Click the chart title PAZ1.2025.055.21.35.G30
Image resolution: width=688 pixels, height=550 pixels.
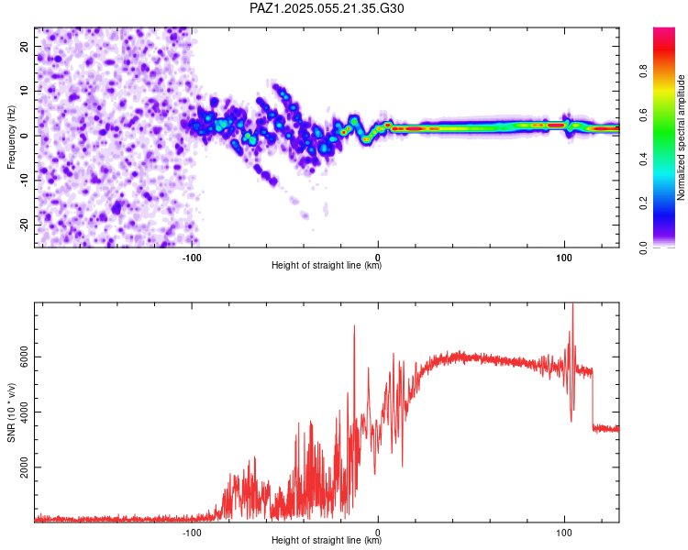327,8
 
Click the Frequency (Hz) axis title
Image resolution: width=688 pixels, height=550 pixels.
11,137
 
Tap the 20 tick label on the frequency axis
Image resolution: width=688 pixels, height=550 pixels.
25,46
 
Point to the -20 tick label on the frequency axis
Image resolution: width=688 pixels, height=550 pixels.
25,225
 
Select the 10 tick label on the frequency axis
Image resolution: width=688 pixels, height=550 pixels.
25,91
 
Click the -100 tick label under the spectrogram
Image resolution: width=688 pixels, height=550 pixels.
192,258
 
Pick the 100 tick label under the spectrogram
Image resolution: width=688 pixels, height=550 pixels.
564,258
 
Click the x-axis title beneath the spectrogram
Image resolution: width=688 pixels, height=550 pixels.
327,265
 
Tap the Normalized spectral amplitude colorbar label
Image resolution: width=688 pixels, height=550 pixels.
681,137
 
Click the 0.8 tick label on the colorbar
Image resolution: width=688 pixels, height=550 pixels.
644,71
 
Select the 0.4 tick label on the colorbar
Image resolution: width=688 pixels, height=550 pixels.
644,159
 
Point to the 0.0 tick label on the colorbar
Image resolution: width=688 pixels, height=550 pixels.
644,247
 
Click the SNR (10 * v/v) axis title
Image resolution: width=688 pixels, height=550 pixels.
11,412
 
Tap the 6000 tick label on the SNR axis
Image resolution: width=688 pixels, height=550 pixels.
25,357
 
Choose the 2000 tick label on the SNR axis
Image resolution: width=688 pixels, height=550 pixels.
25,467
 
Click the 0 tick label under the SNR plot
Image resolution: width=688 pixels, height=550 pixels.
378,533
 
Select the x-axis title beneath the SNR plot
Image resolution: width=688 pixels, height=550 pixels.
327,540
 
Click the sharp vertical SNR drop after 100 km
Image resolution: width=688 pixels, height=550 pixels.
593,399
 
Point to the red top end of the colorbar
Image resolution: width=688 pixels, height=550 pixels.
664,30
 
